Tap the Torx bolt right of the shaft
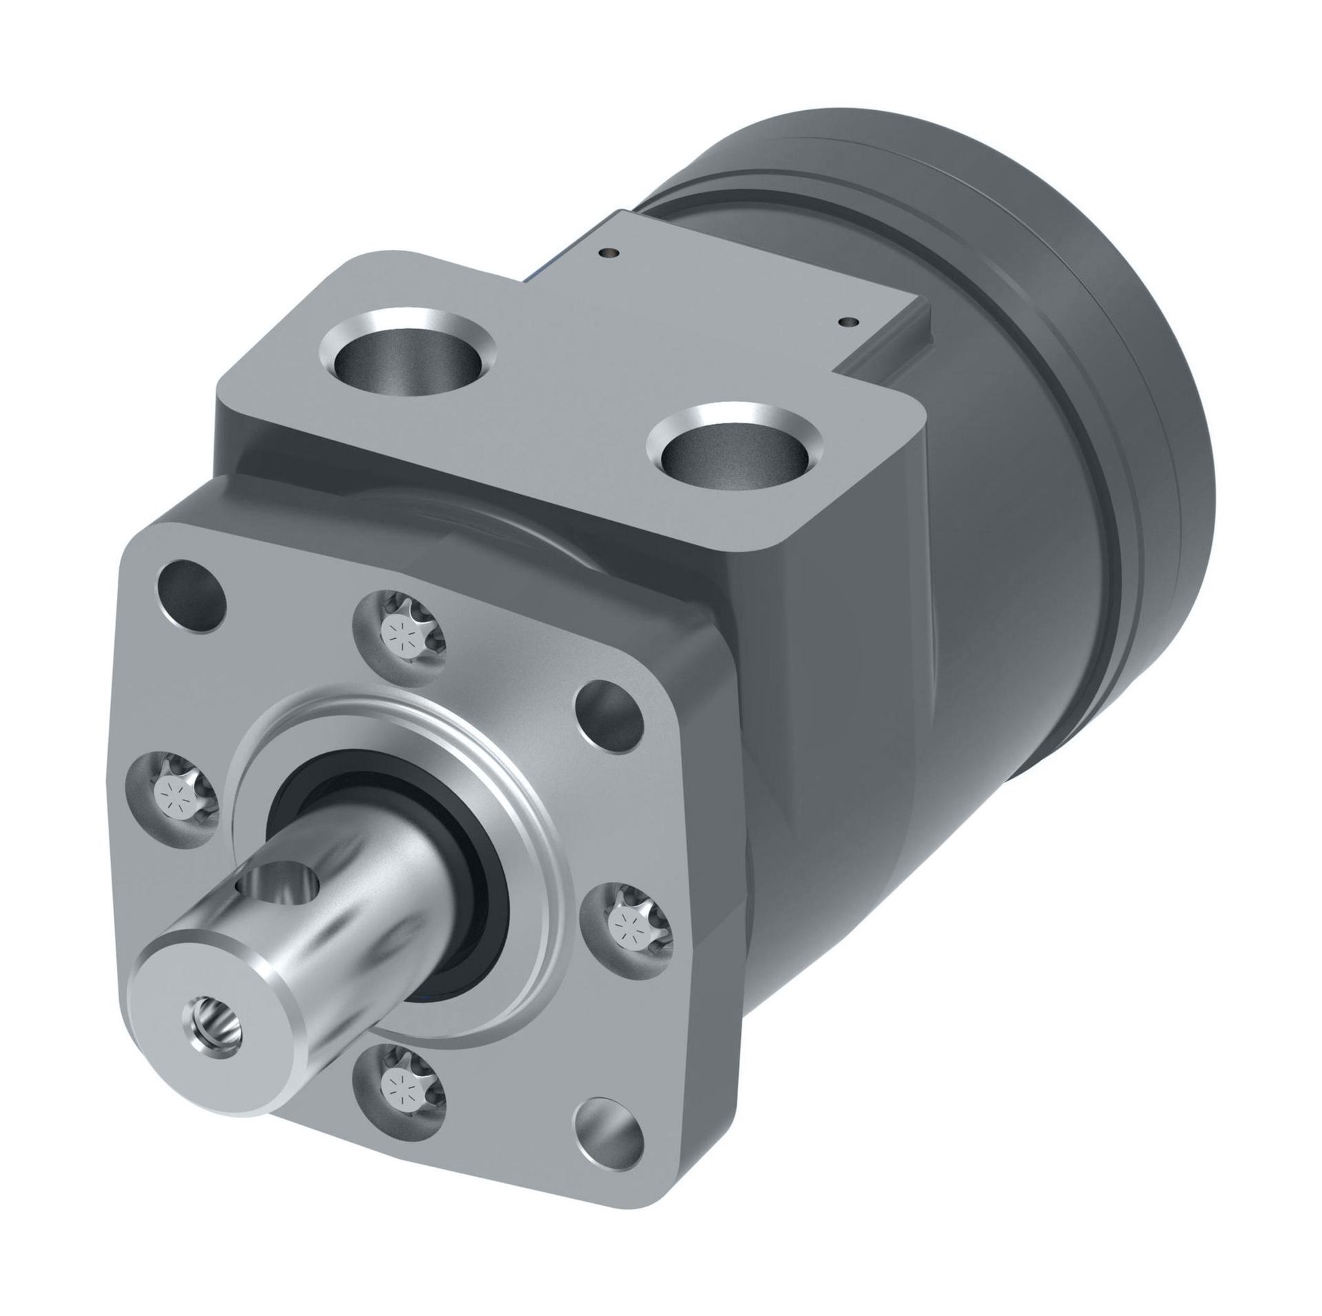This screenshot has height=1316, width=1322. [x=626, y=922]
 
